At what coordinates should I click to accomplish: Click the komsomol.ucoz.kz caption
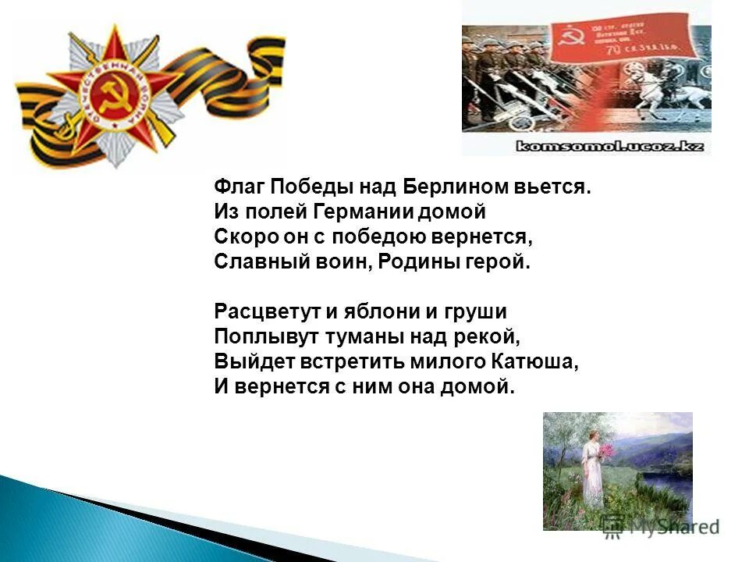click(586, 146)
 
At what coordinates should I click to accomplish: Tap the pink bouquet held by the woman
click(605, 451)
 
